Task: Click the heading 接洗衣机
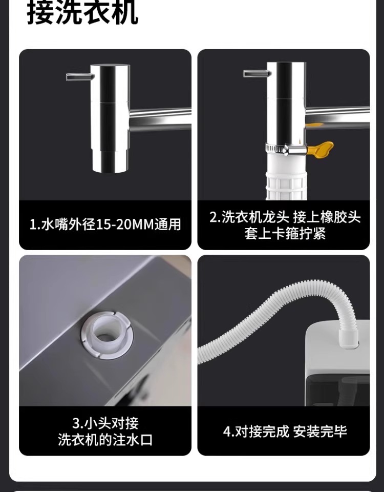pyautogui.click(x=82, y=13)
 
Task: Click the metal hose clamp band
pyautogui.click(x=285, y=149)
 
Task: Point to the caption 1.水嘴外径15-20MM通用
pyautogui.click(x=105, y=224)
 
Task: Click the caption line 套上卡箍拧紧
pyautogui.click(x=285, y=234)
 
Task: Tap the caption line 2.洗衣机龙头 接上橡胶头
pyautogui.click(x=285, y=217)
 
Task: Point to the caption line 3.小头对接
pyautogui.click(x=105, y=423)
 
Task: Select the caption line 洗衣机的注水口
pyautogui.click(x=105, y=440)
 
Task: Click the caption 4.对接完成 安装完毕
pyautogui.click(x=285, y=432)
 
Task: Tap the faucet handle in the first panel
pyautogui.click(x=80, y=76)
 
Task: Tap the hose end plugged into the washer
pyautogui.click(x=349, y=337)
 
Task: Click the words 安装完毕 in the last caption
pyautogui.click(x=320, y=432)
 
